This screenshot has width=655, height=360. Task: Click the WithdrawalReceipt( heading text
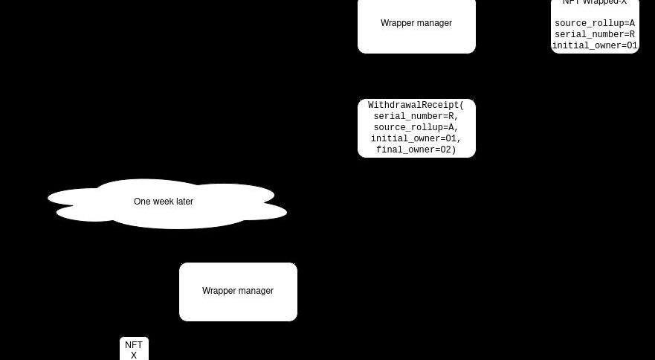416,106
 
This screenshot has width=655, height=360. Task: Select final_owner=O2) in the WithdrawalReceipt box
416,150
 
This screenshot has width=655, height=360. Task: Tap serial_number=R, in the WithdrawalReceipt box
416,117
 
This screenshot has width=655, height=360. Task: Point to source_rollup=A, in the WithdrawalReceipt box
416,128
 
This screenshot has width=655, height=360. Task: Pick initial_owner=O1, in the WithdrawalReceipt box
416,139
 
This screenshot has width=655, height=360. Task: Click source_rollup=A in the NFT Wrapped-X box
595,24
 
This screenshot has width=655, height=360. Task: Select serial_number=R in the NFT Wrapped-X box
595,35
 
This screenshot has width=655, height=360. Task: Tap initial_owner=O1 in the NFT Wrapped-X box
595,46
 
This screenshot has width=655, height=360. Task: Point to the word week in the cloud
164,202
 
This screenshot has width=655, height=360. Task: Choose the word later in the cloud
184,202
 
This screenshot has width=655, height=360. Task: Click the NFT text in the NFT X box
134,345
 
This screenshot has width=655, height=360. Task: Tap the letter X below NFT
134,356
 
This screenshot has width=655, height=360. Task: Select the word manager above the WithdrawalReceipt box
434,23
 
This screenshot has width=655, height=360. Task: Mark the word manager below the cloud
256,291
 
